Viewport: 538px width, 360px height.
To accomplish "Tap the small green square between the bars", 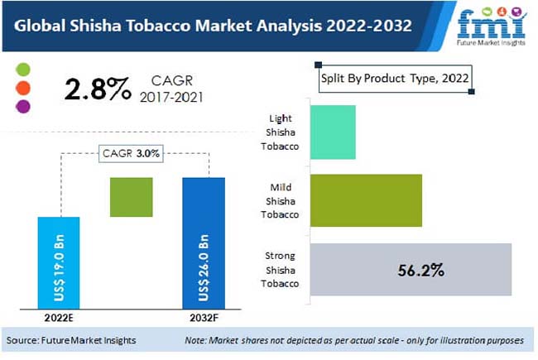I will point(132,198).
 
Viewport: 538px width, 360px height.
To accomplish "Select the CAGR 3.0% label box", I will point(131,154).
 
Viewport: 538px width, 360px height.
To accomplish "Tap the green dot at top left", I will point(24,70).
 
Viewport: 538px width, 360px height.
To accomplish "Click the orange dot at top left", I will point(24,88).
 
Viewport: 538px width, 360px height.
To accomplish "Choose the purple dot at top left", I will point(24,106).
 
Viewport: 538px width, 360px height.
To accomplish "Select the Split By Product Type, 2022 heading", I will point(395,78).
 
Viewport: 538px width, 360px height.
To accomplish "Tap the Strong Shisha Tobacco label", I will point(279,270).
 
